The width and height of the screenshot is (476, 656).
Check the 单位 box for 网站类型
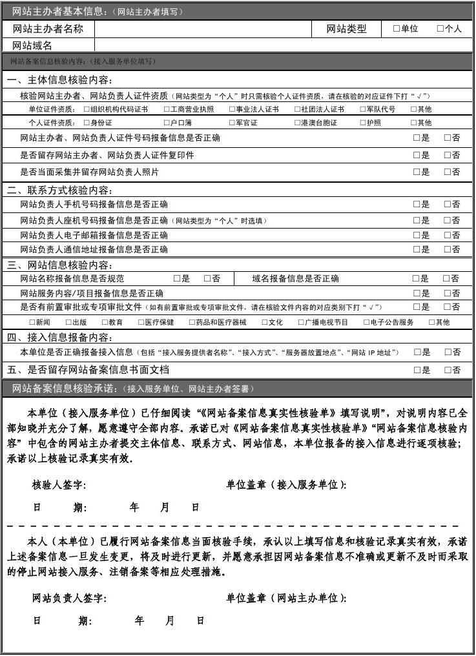397,28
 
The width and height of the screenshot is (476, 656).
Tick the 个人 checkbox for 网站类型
440,28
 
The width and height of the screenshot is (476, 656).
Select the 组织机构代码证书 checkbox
87,109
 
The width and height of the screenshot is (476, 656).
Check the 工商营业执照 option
167,109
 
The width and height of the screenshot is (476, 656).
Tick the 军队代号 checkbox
362,109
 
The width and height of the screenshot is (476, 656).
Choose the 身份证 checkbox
87,122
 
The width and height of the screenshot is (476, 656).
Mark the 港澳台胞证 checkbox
297,122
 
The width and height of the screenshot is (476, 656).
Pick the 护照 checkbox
362,122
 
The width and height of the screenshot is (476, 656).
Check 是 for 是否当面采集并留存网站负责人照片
417,172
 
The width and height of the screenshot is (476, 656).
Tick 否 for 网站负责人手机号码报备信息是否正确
448,204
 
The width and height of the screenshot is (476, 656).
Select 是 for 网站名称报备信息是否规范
177,278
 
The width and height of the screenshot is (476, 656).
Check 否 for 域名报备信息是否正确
446,278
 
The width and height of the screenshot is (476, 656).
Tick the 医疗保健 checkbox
141,322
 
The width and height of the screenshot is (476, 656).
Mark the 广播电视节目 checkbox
302,322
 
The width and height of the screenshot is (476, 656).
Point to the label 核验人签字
59,485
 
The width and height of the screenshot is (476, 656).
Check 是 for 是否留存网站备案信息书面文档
417,370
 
